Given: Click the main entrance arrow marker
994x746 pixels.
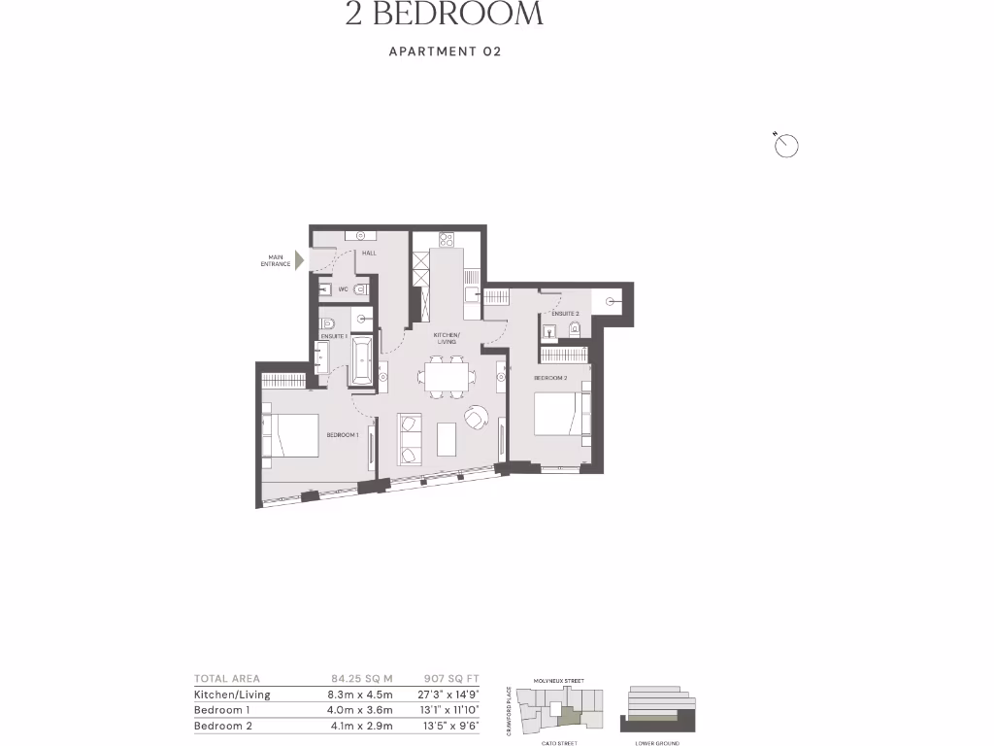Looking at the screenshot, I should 300,260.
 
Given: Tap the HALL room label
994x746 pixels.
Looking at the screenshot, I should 369,254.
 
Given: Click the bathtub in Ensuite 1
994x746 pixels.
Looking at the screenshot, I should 362,360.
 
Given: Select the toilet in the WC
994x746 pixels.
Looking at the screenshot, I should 360,290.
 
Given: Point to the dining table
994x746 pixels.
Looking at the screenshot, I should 447,377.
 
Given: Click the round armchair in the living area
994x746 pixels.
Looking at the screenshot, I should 476,417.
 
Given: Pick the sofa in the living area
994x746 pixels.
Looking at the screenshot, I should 410,437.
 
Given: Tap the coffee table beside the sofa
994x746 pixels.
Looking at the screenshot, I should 447,439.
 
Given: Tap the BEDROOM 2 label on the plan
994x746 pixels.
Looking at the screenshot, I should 549,377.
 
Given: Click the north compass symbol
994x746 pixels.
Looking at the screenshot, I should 785,146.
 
